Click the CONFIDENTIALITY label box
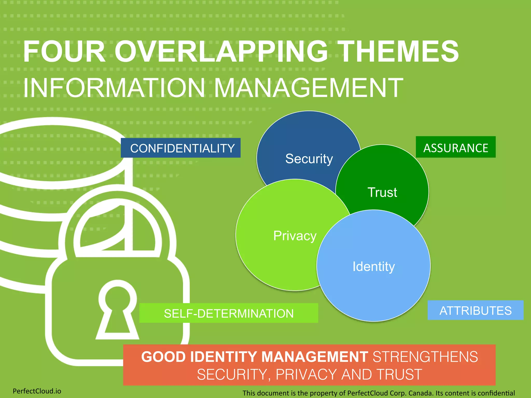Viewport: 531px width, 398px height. click(181, 148)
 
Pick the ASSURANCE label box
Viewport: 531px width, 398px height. click(456, 147)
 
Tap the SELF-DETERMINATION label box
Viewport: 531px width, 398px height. click(229, 313)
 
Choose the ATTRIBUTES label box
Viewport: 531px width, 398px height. click(476, 310)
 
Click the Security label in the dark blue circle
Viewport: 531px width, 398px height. click(309, 159)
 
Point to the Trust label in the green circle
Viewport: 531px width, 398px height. click(382, 192)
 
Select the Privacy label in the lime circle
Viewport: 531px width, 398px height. click(295, 236)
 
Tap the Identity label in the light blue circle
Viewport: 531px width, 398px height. click(374, 266)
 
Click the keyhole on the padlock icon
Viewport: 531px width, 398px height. click(117, 308)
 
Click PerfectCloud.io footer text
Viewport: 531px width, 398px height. click(37, 391)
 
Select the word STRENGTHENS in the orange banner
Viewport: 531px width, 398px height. click(425, 357)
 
